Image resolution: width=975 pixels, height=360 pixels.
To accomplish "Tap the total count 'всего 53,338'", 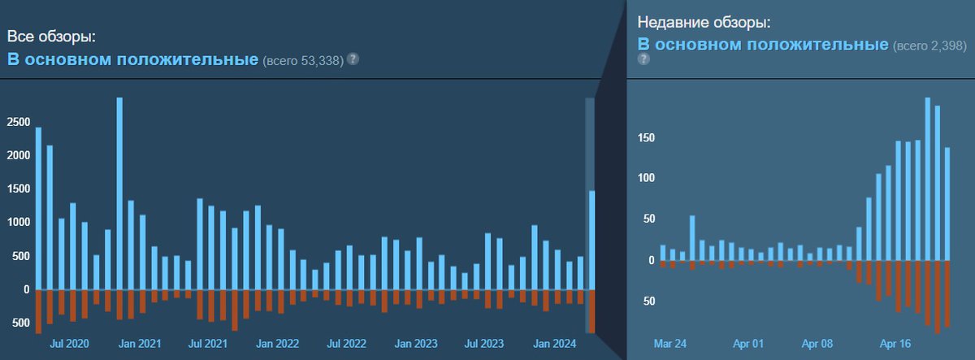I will [x=303, y=61].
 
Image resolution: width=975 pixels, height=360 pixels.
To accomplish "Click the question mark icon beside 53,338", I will [x=353, y=60].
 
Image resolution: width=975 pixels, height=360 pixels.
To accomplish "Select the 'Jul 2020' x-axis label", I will [x=71, y=344].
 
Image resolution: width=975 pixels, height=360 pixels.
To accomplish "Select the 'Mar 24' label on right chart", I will [x=670, y=344].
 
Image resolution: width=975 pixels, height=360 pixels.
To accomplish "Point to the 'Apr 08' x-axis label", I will [x=817, y=344].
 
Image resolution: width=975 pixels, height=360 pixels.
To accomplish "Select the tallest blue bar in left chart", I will [x=119, y=193].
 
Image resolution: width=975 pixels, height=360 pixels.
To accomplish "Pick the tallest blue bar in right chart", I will [x=927, y=179].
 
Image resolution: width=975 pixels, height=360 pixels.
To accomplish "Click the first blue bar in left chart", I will [x=38, y=208].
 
